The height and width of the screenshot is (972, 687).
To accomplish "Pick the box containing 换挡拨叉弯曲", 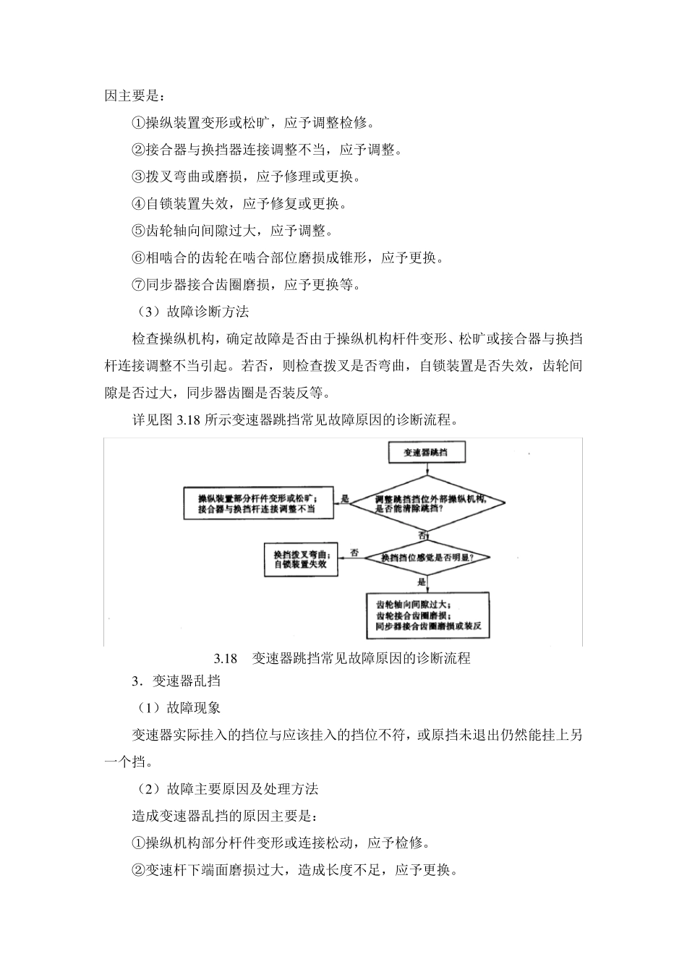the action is click(x=301, y=558).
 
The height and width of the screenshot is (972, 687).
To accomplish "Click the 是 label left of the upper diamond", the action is click(x=345, y=498).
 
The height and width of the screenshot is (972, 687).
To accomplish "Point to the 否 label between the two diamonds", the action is click(x=422, y=535).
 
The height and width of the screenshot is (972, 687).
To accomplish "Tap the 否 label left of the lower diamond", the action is click(x=354, y=553).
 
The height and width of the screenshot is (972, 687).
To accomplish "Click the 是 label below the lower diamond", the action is click(x=422, y=581).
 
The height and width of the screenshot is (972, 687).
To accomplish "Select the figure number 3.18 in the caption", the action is click(x=226, y=658).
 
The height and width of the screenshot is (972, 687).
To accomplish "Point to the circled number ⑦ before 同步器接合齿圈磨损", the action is click(x=138, y=285).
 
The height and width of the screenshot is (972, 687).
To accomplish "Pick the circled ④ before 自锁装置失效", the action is click(x=138, y=204).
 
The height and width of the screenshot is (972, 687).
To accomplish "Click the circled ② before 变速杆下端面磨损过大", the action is click(x=138, y=870).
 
